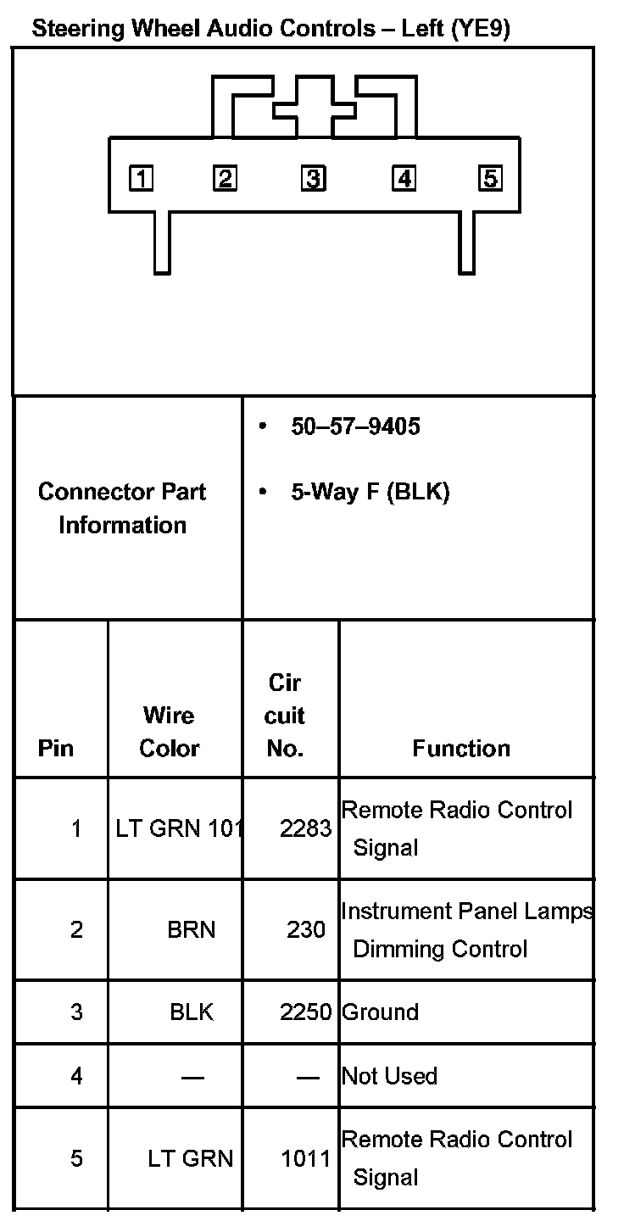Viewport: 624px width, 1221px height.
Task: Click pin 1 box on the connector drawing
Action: (141, 179)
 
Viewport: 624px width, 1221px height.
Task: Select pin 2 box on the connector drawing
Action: (225, 179)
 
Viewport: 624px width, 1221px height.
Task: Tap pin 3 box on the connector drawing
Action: (313, 179)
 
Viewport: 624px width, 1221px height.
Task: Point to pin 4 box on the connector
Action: (404, 179)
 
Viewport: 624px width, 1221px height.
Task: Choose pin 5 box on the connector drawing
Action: (490, 179)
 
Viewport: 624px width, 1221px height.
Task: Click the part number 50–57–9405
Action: (355, 427)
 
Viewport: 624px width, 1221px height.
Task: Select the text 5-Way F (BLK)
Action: (370, 492)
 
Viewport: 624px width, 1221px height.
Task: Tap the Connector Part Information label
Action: (122, 508)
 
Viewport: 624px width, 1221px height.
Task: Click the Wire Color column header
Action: (170, 732)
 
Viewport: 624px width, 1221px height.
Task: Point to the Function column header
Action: (461, 748)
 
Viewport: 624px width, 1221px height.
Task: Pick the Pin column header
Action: (56, 748)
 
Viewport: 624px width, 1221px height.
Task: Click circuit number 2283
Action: (305, 828)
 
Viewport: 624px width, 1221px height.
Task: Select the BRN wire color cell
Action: (192, 930)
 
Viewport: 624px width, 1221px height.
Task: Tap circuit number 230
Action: (306, 930)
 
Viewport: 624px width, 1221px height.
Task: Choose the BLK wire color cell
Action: (192, 1012)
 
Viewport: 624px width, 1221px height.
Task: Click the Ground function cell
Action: (380, 1012)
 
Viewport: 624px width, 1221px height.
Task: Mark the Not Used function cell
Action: (389, 1076)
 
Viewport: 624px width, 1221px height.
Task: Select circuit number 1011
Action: (305, 1158)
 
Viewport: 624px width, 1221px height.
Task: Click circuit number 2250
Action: (305, 1012)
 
